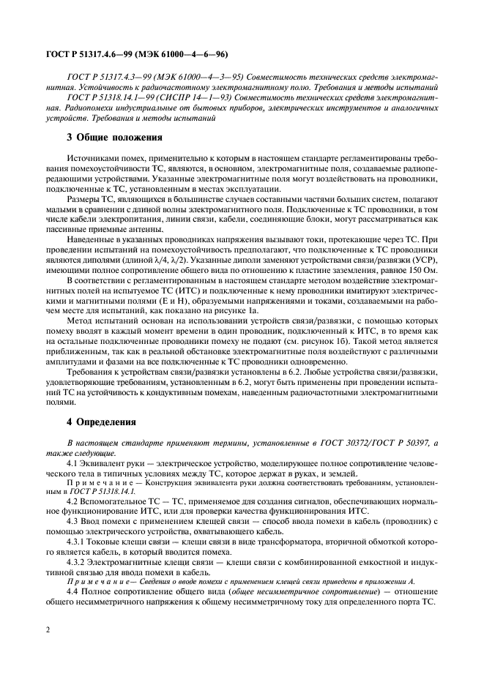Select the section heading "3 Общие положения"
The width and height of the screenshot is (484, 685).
pyautogui.click(x=114, y=137)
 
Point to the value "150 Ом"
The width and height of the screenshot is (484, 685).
pyautogui.click(x=422, y=273)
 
